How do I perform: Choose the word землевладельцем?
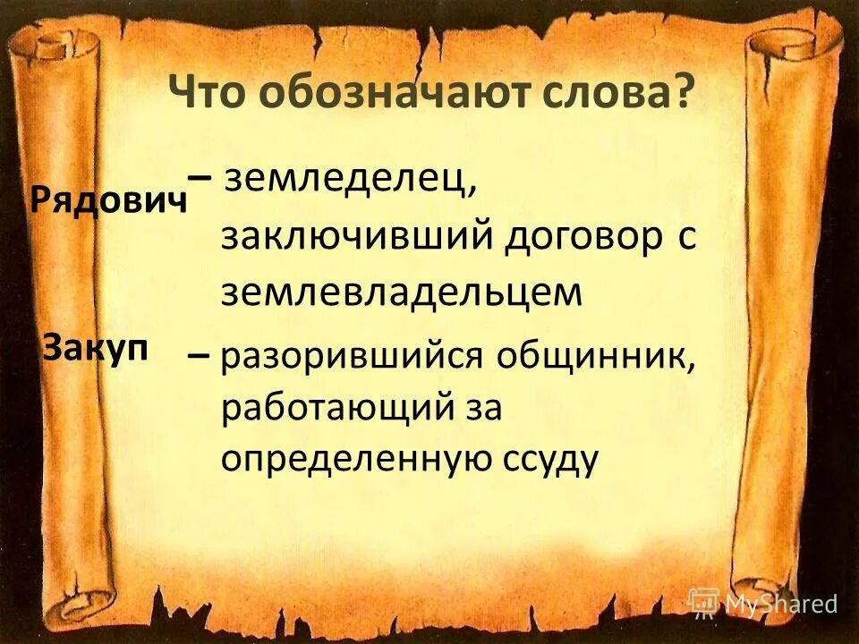402,292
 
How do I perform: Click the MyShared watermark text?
781,604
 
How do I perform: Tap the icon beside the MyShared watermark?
704,603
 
